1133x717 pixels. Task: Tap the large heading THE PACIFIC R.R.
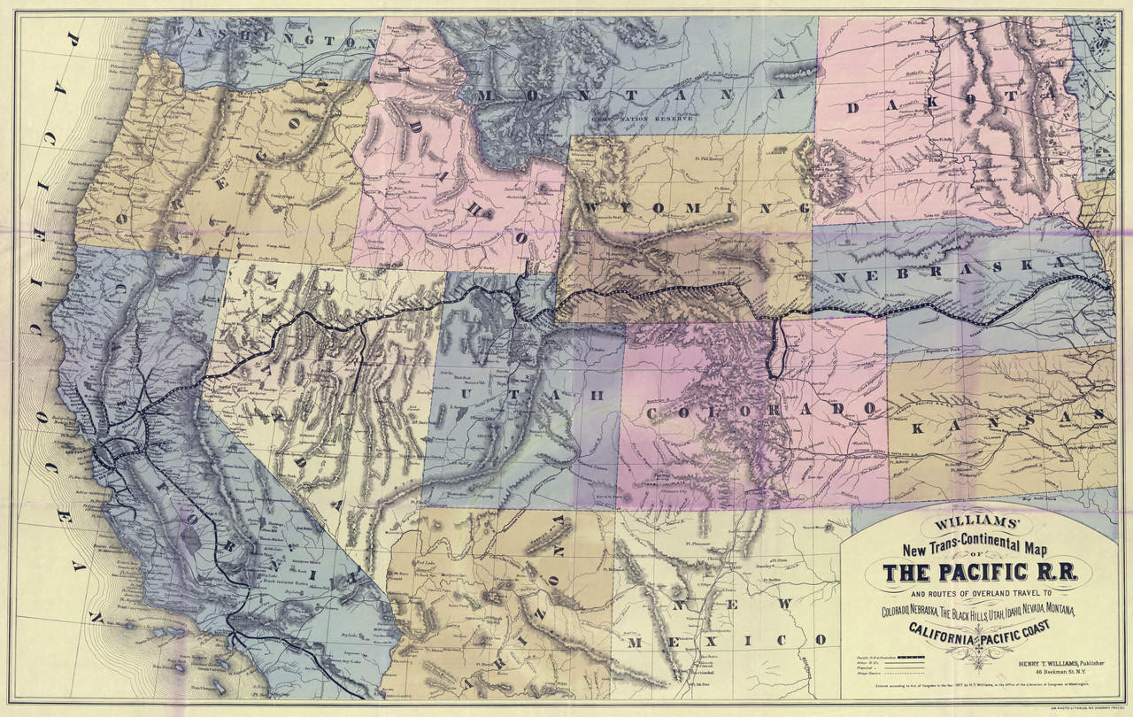(978, 573)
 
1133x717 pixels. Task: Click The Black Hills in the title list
(981, 611)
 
